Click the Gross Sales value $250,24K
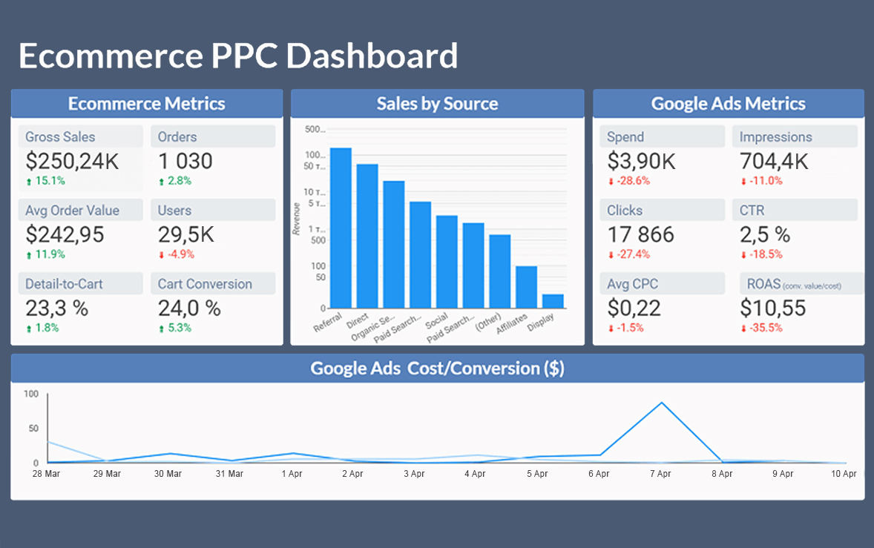tap(72, 161)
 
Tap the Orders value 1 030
tap(185, 161)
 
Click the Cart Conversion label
tap(205, 284)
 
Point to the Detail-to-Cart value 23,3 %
tap(56, 308)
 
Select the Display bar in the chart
tap(553, 301)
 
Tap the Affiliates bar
tap(526, 287)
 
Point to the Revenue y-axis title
tap(297, 219)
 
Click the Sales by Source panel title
tap(437, 104)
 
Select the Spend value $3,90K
tap(641, 161)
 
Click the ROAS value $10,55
tap(773, 308)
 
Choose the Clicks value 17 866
tap(641, 234)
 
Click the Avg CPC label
tap(632, 284)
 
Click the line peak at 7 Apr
tap(661, 403)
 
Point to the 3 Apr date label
tap(414, 474)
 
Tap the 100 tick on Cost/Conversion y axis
tap(30, 394)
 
